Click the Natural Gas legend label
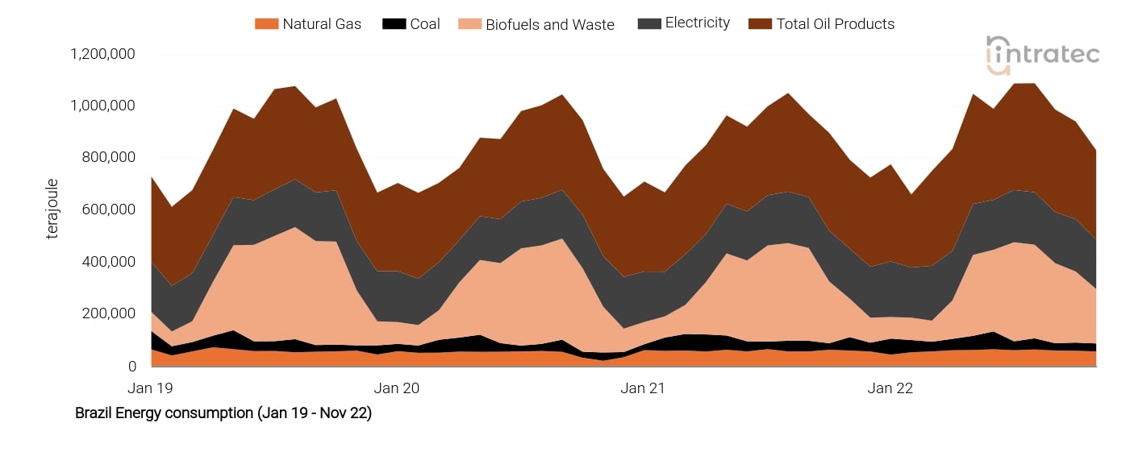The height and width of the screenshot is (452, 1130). tap(321, 24)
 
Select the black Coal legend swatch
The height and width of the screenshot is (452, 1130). tap(394, 24)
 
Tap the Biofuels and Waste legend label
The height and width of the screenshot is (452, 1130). tap(549, 25)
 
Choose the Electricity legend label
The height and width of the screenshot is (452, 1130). tap(697, 23)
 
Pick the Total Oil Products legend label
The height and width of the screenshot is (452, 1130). tap(835, 24)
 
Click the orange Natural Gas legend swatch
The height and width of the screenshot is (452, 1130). tap(266, 24)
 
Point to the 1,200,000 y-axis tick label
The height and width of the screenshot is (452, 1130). tap(102, 54)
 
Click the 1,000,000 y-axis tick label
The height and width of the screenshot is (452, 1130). tap(102, 106)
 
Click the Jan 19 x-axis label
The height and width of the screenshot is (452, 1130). tap(151, 388)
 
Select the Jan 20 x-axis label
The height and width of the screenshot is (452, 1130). tap(398, 388)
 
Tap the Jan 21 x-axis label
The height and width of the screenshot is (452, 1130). tap(644, 388)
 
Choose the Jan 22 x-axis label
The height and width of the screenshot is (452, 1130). tap(890, 388)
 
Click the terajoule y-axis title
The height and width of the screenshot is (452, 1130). tap(53, 209)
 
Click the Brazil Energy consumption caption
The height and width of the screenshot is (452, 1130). tap(223, 413)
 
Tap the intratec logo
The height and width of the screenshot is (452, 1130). tap(1042, 55)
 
